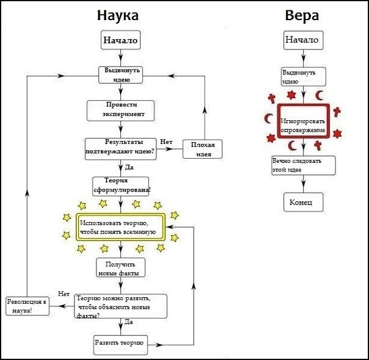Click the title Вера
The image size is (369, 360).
302,15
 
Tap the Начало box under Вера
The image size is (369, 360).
302,40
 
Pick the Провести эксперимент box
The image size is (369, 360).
120,109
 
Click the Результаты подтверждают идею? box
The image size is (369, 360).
120,148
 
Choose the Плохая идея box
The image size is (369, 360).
203,149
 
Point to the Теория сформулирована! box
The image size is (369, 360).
121,185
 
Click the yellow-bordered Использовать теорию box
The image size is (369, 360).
120,228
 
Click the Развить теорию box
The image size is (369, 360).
120,343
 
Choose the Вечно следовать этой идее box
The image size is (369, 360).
303,165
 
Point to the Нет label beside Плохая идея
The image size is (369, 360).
166,142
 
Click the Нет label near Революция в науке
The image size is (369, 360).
64,294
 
